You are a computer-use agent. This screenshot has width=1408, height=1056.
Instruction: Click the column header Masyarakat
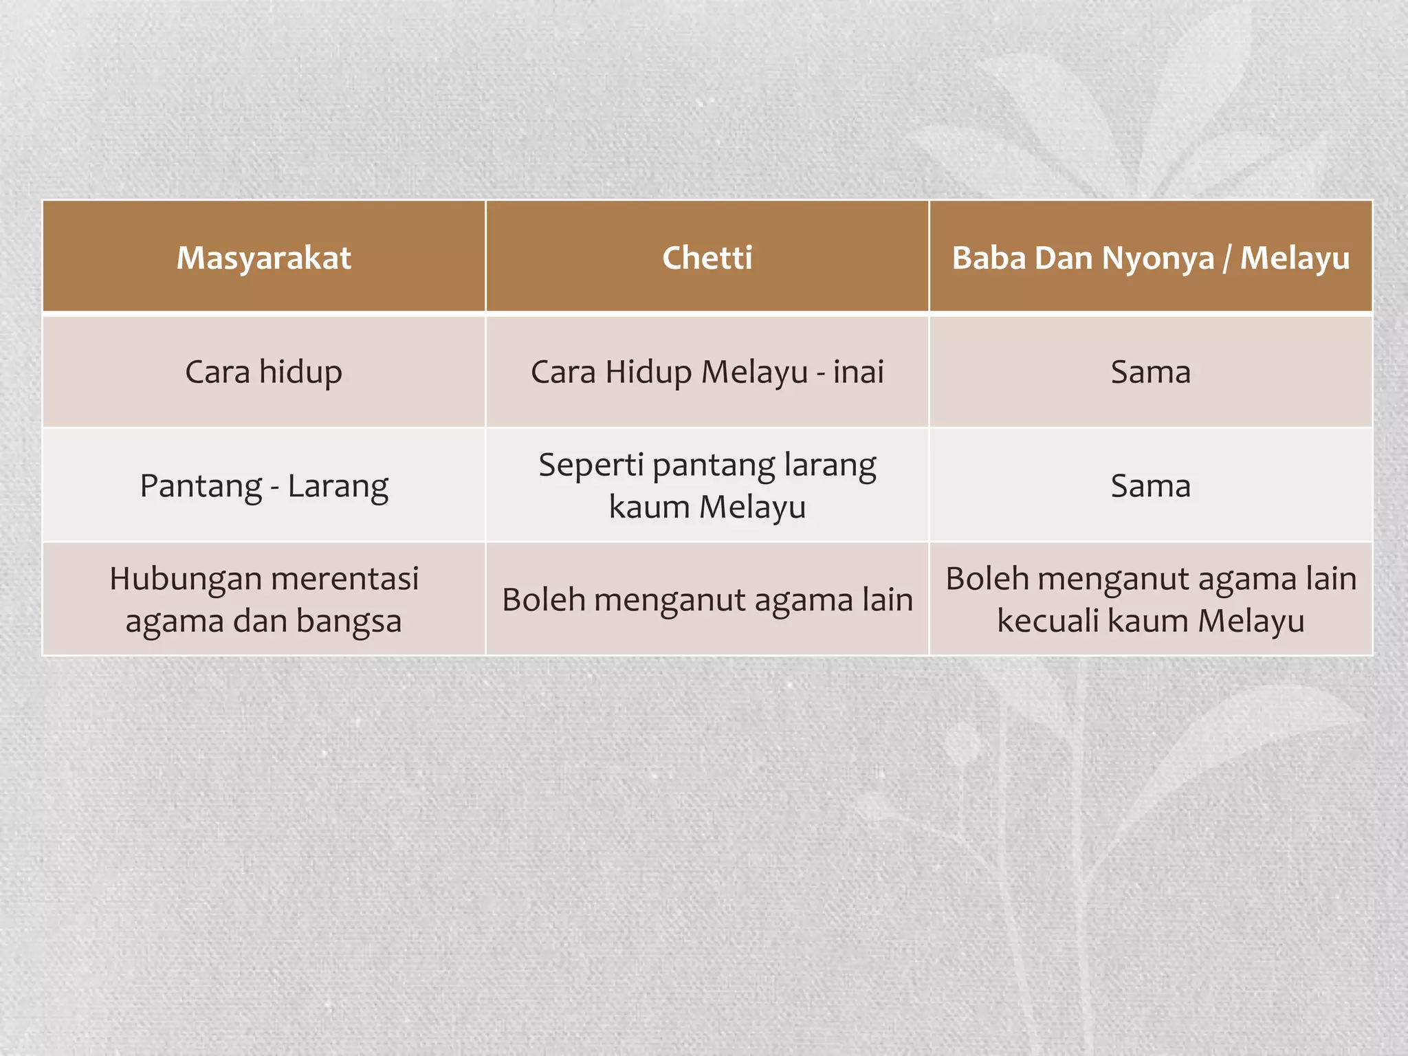(x=263, y=258)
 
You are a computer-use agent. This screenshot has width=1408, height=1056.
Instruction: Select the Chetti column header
(x=707, y=258)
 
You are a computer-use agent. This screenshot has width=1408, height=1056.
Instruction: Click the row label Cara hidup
(x=263, y=373)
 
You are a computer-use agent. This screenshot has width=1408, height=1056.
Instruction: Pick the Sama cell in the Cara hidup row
(x=1150, y=373)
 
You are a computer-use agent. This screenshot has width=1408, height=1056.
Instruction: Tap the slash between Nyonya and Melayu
(x=1227, y=258)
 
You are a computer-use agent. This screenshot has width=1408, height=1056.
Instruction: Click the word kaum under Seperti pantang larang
(x=648, y=507)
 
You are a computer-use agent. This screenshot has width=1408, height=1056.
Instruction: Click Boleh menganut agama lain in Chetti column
(x=707, y=600)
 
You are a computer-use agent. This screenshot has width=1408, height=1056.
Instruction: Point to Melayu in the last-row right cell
(x=1251, y=621)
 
